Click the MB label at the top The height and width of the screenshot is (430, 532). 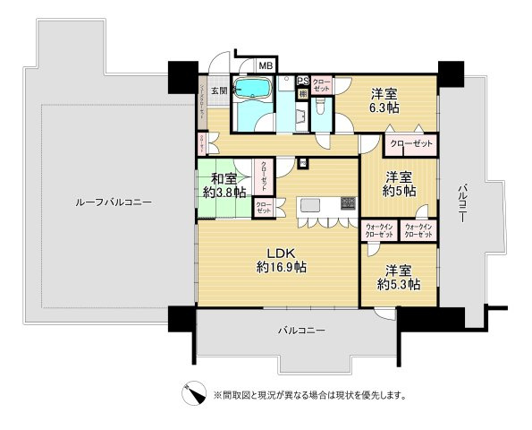[266, 64]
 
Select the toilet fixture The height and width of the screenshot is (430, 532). [320, 111]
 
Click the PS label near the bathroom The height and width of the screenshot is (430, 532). [303, 80]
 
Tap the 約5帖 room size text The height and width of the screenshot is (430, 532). [399, 191]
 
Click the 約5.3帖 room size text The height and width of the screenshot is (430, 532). [399, 284]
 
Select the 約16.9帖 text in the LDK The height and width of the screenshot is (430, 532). [282, 267]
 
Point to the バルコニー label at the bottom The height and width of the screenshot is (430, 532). [300, 331]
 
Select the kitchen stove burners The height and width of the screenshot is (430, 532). [347, 203]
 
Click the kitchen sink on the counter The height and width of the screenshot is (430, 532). [311, 205]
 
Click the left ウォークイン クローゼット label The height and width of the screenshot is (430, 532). [379, 230]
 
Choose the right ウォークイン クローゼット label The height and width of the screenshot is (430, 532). [418, 230]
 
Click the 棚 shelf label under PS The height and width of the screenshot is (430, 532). [303, 93]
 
